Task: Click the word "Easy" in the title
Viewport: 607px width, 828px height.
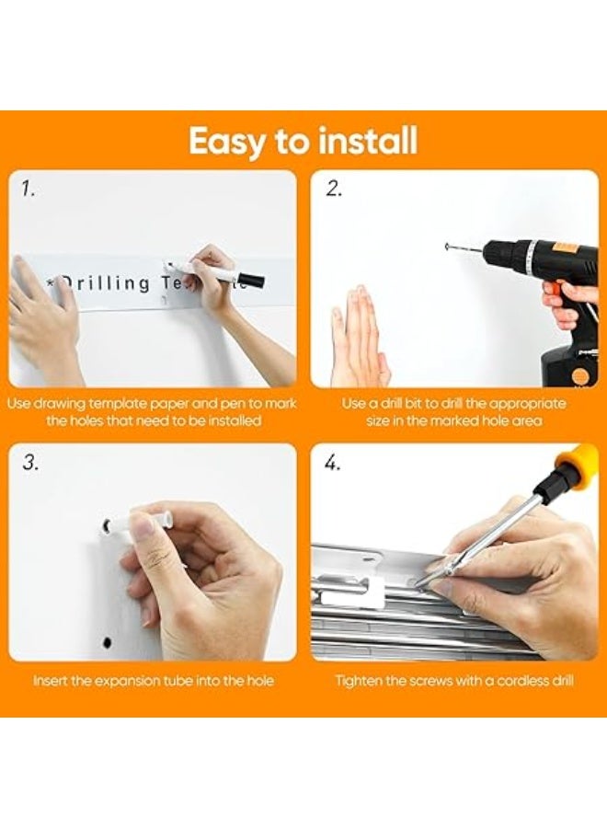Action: point(227,142)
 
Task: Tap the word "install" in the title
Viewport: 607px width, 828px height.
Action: point(368,140)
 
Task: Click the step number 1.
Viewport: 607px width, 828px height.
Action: point(29,189)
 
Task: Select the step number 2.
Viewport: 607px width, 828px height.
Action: point(333,189)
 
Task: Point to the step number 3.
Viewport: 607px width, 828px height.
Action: point(30,463)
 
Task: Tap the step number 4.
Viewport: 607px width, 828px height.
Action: point(333,463)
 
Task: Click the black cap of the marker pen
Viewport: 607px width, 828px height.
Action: point(250,278)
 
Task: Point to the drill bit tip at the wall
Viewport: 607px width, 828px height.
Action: point(447,246)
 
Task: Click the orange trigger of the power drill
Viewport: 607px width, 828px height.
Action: point(553,288)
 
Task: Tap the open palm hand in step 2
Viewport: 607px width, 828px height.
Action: point(360,337)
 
